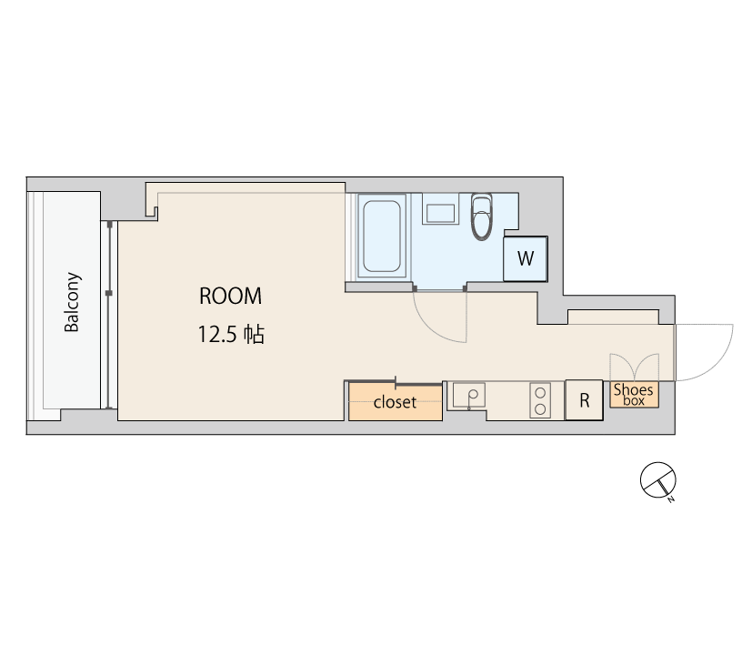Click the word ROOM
pyautogui.click(x=230, y=297)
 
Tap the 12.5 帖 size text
pyautogui.click(x=230, y=334)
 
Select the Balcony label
pyautogui.click(x=72, y=302)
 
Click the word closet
pyautogui.click(x=395, y=402)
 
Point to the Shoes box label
pyautogui.click(x=634, y=394)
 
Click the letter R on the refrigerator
pyautogui.click(x=585, y=401)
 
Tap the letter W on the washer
pyautogui.click(x=526, y=258)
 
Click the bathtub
pyautogui.click(x=382, y=236)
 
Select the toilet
pyautogui.click(x=481, y=217)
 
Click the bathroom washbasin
pyautogui.click(x=440, y=213)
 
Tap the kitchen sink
pyautogui.click(x=468, y=395)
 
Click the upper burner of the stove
pyautogui.click(x=540, y=393)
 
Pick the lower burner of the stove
pyautogui.click(x=540, y=408)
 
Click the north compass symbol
pyautogui.click(x=657, y=480)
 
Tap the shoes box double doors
pyautogui.click(x=634, y=367)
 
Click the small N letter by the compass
pyautogui.click(x=670, y=499)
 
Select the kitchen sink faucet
pyautogui.click(x=470, y=399)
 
